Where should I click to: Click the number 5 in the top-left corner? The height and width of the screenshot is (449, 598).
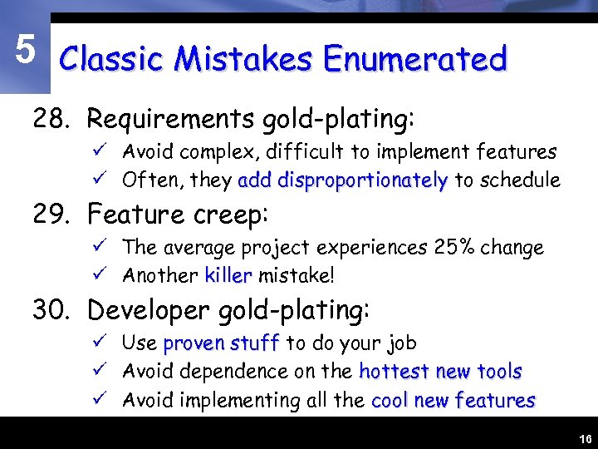point(25,52)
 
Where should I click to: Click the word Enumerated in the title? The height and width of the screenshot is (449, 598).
point(415,60)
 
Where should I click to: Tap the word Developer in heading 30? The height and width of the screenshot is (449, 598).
point(149,310)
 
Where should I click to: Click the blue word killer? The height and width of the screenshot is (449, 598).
point(228,275)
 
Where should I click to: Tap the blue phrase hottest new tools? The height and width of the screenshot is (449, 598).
point(440,371)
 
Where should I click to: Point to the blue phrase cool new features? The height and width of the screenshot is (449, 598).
point(453,400)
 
